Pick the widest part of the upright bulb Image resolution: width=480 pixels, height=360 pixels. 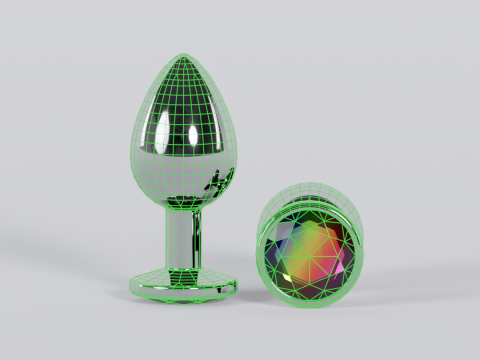pyautogui.click(x=186, y=150)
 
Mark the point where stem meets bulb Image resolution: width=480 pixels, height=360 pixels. pyautogui.click(x=185, y=208)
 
